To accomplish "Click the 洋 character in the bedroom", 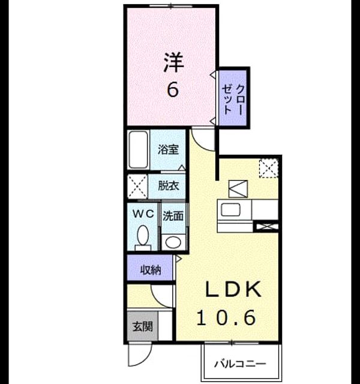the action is (174, 62).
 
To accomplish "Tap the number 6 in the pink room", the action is (173, 89).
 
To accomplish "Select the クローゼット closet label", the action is (233, 100).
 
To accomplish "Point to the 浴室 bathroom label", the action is (168, 149).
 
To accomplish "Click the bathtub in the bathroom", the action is (139, 150).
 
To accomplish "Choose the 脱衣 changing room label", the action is (168, 186).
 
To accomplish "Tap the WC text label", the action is (143, 214).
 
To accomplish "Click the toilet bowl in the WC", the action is (143, 235).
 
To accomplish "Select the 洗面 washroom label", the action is (173, 216).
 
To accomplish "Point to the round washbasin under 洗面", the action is (173, 242).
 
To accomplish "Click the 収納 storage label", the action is (151, 270).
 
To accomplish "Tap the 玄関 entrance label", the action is (143, 326).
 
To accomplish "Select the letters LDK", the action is (233, 289).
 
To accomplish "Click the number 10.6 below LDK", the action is (226, 317).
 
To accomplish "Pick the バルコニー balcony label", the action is (240, 364).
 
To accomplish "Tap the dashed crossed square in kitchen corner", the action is (269, 168).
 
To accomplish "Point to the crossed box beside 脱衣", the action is (137, 186).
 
